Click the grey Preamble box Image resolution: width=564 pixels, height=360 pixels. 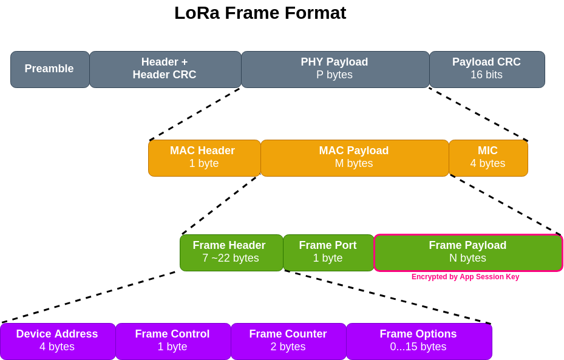(50, 69)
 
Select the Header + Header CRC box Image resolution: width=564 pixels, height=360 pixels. (165, 69)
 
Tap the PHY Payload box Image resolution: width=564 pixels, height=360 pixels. (335, 69)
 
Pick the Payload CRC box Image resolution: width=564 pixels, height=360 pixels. (487, 69)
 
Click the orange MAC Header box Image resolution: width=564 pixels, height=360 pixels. (204, 158)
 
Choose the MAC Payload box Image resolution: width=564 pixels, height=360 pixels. (355, 158)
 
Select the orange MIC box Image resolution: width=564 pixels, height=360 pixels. (488, 158)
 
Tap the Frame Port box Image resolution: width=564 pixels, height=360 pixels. (328, 253)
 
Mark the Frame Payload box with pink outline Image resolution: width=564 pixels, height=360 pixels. (468, 253)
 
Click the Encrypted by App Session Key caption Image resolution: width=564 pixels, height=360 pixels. (465, 277)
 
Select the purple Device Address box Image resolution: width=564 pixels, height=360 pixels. (58, 341)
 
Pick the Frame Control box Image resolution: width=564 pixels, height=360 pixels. (173, 341)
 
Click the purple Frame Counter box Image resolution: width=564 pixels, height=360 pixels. (288, 341)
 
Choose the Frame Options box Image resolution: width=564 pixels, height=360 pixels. (419, 341)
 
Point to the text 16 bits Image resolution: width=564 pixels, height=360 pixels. (486, 75)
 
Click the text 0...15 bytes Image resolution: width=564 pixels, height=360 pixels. (418, 347)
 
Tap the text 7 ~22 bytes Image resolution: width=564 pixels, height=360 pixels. (231, 259)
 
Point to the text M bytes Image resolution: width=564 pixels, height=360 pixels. (354, 164)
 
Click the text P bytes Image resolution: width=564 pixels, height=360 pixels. (335, 75)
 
